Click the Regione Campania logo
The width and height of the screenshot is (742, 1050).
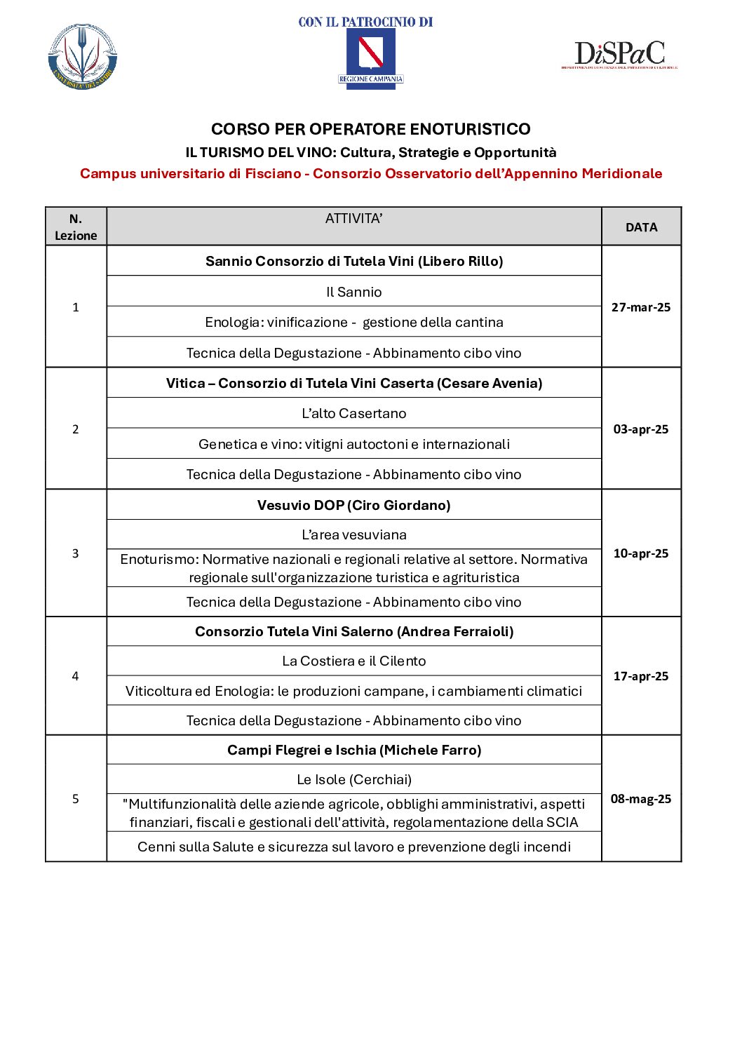(x=371, y=58)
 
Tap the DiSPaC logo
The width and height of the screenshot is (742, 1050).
(x=619, y=54)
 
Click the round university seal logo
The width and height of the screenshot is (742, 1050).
(x=83, y=57)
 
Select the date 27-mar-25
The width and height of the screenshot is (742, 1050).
(x=641, y=307)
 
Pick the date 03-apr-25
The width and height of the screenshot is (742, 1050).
(x=641, y=429)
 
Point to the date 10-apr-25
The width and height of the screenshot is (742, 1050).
(x=641, y=553)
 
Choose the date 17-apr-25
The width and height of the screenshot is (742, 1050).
(x=641, y=676)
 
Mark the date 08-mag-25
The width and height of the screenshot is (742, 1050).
(x=641, y=799)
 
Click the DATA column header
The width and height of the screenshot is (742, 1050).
(x=641, y=227)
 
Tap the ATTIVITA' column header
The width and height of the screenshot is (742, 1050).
(x=353, y=219)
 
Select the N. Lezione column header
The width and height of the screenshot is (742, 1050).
(x=76, y=227)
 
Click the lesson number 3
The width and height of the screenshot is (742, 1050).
(x=76, y=553)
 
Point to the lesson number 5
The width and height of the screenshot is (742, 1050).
(x=76, y=799)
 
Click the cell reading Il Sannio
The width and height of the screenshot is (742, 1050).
(x=353, y=292)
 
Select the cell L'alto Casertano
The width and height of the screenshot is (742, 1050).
(x=353, y=413)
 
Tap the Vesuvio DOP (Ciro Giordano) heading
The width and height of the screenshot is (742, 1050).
(x=353, y=505)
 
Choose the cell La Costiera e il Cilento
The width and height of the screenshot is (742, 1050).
(x=353, y=661)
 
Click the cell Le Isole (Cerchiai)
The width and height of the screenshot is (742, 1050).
(x=353, y=779)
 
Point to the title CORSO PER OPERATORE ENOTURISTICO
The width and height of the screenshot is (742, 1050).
(x=370, y=129)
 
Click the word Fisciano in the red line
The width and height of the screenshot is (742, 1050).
(x=273, y=173)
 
